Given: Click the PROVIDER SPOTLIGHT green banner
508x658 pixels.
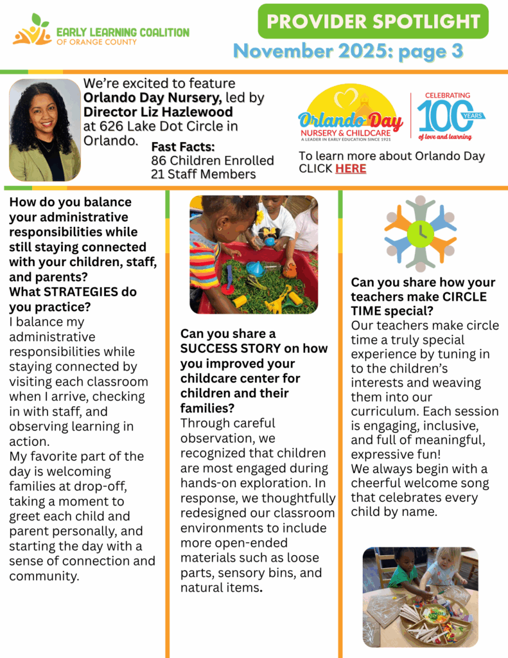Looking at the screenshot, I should click(373, 21).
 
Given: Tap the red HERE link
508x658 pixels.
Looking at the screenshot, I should click(351, 169).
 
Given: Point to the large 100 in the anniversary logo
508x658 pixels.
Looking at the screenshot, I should click(443, 116).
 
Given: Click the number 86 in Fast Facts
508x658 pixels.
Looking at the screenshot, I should click(160, 161).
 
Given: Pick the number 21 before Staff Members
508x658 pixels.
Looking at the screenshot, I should click(159, 174).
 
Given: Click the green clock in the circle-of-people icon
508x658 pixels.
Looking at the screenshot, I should click(420, 233).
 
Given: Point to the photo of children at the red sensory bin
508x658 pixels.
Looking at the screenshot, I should click(253, 254).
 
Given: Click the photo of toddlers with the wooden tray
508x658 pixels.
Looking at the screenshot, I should click(420, 597).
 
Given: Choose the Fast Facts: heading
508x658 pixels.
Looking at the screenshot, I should click(182, 147).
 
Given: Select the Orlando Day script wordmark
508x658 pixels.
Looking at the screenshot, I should click(350, 120).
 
